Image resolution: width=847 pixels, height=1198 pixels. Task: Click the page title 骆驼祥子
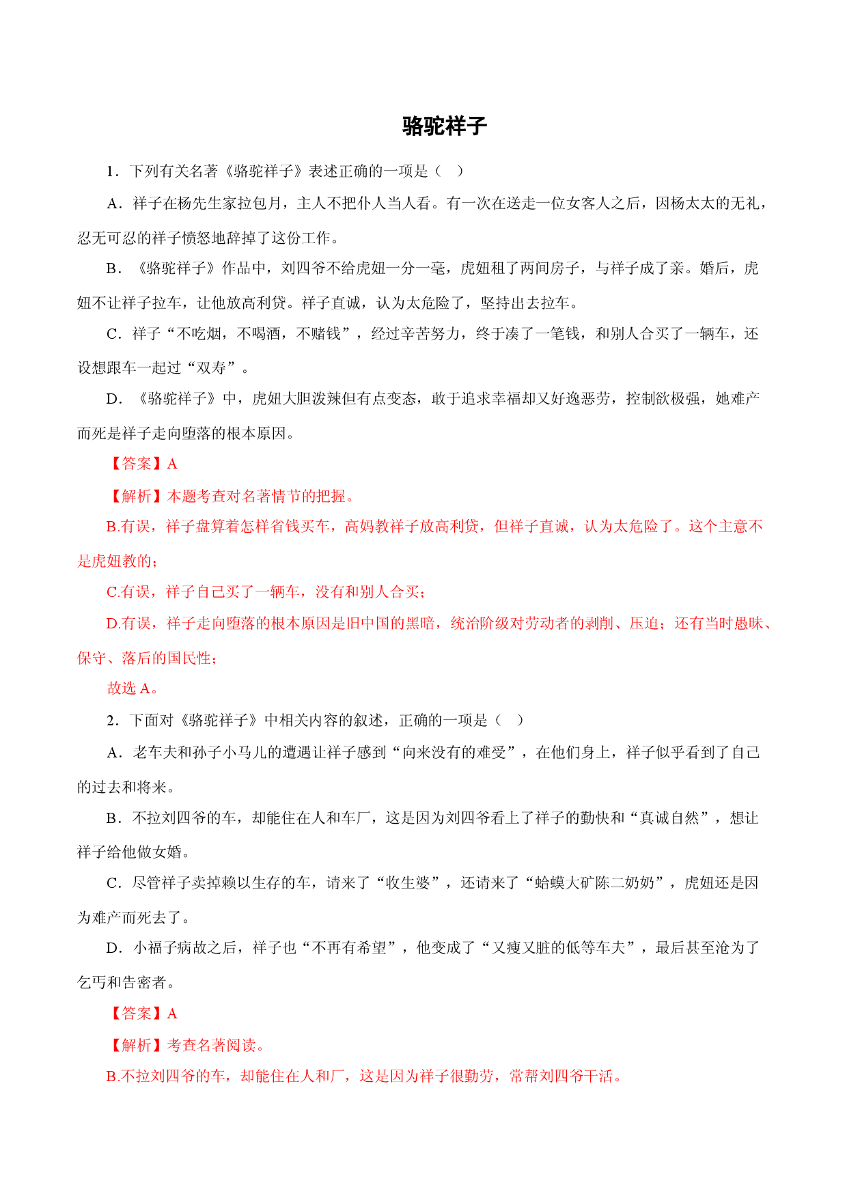click(x=445, y=126)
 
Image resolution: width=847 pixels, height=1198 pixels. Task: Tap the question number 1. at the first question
click(x=113, y=171)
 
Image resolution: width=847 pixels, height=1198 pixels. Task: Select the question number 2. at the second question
click(x=113, y=721)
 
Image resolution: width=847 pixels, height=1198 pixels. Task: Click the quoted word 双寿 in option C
click(x=211, y=368)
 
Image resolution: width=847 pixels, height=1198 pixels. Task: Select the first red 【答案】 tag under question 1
click(x=137, y=464)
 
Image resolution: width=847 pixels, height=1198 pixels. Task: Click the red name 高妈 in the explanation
click(x=360, y=526)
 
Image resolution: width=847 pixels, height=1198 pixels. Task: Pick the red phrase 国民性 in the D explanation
click(x=189, y=658)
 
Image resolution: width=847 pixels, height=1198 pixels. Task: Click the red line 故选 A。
click(x=133, y=688)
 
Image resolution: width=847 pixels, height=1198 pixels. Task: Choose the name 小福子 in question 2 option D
click(x=155, y=948)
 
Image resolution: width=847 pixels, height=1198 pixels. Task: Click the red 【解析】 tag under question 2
click(x=137, y=1045)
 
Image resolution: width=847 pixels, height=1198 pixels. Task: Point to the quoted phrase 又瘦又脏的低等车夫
click(x=558, y=948)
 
